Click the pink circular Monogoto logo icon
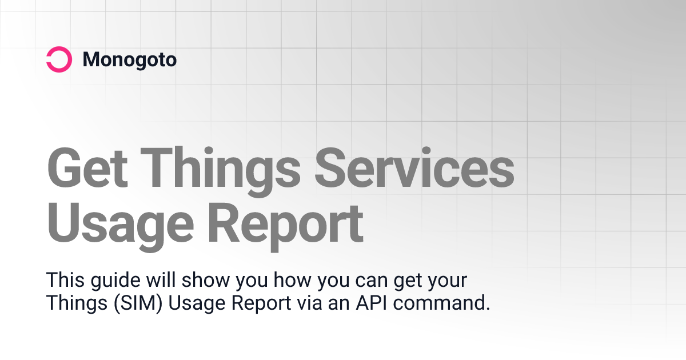(x=59, y=59)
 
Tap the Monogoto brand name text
(x=129, y=59)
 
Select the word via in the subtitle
(x=310, y=303)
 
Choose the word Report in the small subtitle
(x=260, y=303)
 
